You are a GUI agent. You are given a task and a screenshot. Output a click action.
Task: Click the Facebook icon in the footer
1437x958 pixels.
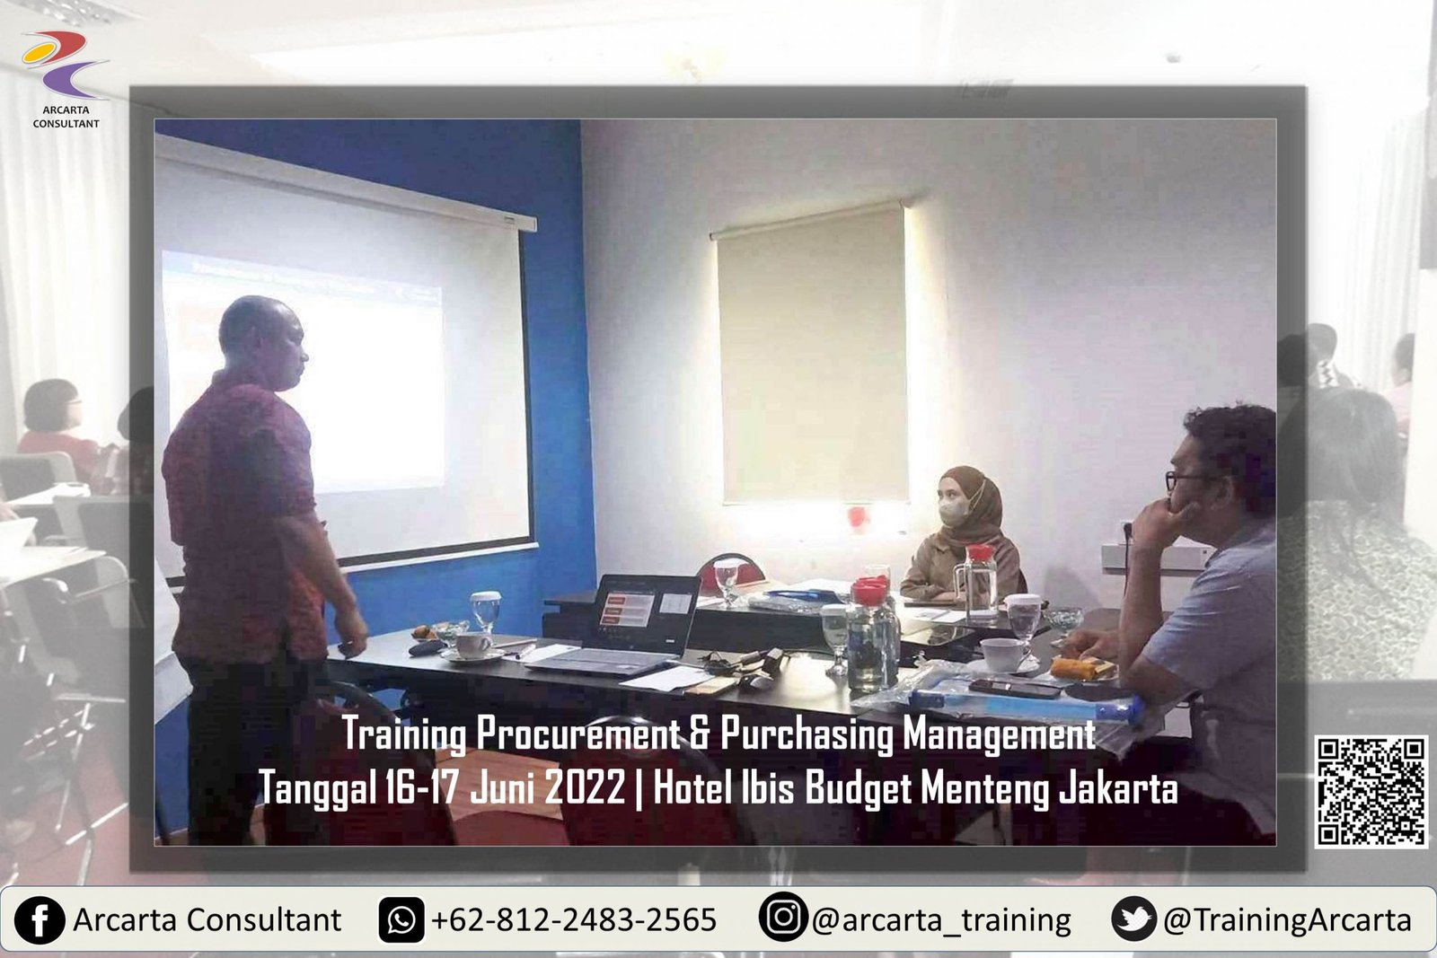click(x=40, y=920)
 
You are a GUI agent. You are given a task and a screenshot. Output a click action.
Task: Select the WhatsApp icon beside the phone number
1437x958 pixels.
click(x=401, y=920)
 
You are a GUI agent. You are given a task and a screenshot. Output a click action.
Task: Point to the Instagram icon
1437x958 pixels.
click(x=782, y=917)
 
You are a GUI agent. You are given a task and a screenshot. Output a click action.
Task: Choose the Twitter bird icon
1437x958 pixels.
click(x=1134, y=918)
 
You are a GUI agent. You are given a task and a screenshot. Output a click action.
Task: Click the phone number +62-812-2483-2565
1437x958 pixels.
click(x=574, y=920)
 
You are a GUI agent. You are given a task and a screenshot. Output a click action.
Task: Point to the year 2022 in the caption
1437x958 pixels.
click(x=585, y=787)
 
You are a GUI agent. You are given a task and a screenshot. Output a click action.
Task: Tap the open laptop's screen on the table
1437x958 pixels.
click(x=645, y=611)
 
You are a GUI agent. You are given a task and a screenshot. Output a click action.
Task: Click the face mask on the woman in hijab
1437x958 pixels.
click(x=955, y=511)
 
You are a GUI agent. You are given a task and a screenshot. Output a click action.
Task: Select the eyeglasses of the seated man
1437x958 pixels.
click(x=1182, y=479)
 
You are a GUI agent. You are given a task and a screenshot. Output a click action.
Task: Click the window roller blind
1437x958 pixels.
click(x=812, y=355)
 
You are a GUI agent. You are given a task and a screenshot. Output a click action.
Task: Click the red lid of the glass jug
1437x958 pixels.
click(x=980, y=553)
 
